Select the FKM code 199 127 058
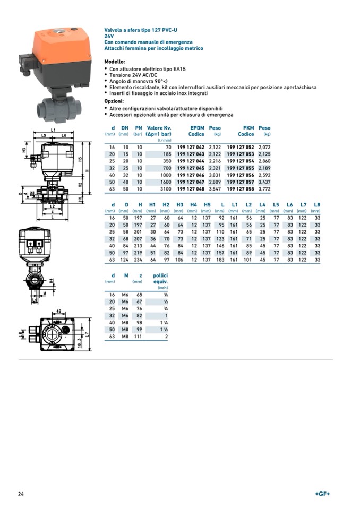pos(241,188)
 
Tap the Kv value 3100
pos(166,188)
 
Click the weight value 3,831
pos(215,174)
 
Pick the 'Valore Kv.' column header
pos(159,128)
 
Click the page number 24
pos(21,494)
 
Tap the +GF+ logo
pos(322,494)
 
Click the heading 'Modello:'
pos(115,62)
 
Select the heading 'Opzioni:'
pos(114,101)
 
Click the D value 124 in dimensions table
pos(126,260)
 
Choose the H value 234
pos(140,260)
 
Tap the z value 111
pos(139,336)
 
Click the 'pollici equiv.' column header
pos(160,279)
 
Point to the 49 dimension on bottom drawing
pos(60,312)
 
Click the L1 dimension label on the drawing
pos(54,130)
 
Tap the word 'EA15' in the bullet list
pos(178,69)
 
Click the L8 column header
pos(317,204)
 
